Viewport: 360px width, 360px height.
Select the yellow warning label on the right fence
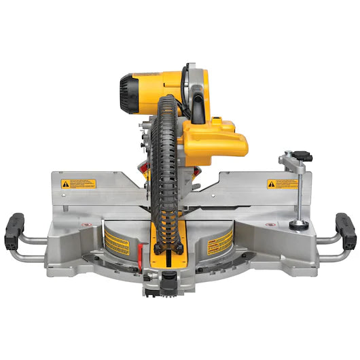(x=283, y=183)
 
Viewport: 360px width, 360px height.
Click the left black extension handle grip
(x=16, y=232)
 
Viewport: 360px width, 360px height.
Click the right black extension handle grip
(x=346, y=232)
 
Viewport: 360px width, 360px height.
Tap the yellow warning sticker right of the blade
(x=219, y=240)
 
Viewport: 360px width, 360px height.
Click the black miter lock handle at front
(x=168, y=278)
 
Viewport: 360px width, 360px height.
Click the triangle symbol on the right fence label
(x=272, y=183)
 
